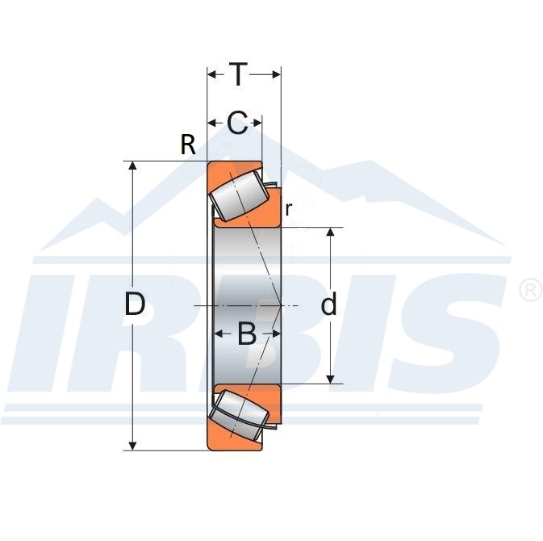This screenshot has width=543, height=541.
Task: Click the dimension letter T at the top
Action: coord(238,74)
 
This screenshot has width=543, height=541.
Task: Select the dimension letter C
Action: coord(237,123)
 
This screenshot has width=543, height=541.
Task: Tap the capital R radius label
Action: coord(188,145)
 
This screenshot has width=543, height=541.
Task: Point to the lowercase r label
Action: coord(289,209)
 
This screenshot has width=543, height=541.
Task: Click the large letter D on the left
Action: coord(135,304)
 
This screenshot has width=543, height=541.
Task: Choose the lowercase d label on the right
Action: coord(328,303)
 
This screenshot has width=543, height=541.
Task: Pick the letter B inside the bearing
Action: coord(247,333)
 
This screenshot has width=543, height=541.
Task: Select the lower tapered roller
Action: coord(240,415)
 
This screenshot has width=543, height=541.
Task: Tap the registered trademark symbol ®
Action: coord(531,290)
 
